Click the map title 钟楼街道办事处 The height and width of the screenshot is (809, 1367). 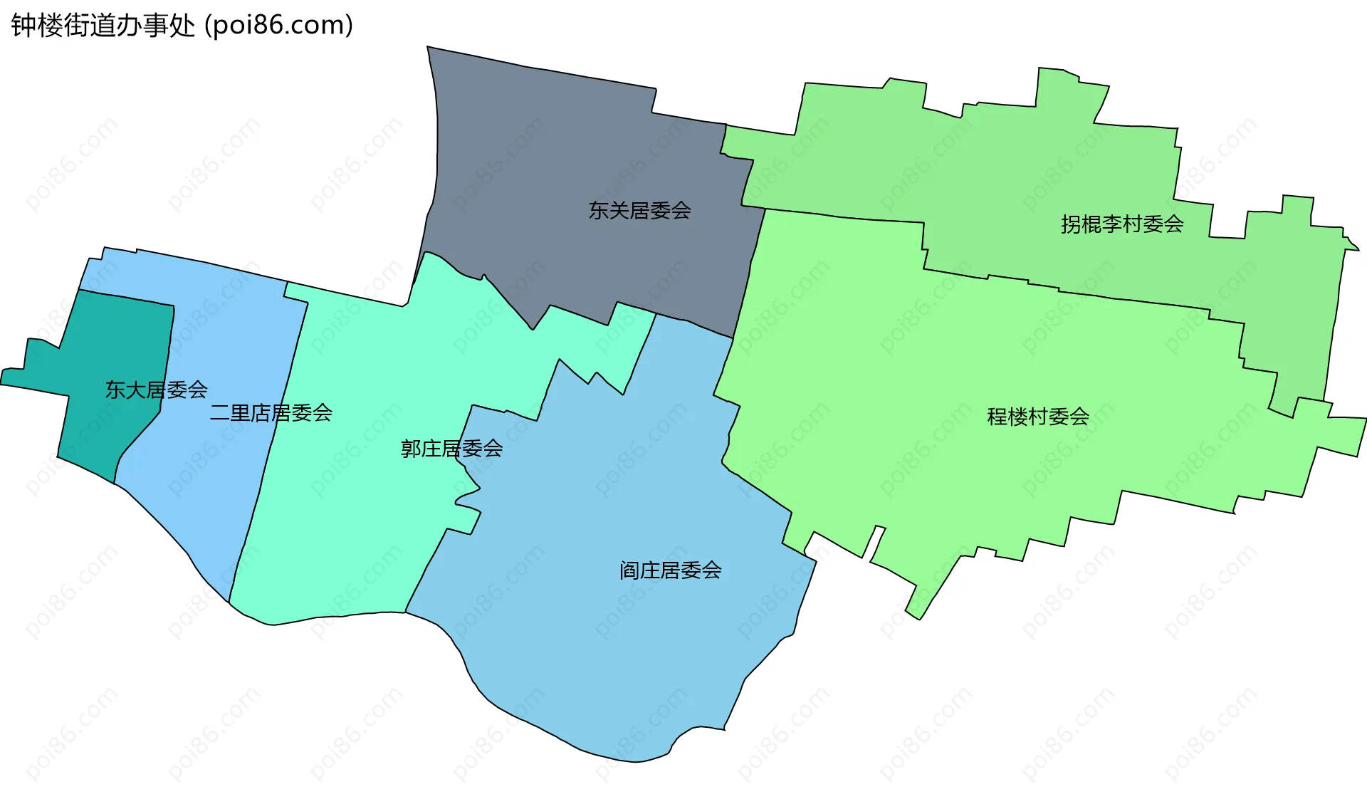tap(103, 26)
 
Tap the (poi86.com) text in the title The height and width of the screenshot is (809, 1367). tap(279, 26)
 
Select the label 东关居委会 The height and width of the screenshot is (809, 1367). tap(639, 211)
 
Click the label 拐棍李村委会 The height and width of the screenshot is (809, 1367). tap(1122, 224)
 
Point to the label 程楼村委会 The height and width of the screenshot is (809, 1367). tap(1038, 417)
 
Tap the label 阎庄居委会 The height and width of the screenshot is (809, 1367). tap(670, 570)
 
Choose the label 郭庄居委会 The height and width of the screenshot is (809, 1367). tap(451, 449)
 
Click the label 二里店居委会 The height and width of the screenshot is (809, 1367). tap(271, 413)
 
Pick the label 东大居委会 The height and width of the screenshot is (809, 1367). tap(156, 390)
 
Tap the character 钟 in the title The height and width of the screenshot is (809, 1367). tap(23, 26)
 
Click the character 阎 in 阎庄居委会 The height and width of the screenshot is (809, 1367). tap(629, 570)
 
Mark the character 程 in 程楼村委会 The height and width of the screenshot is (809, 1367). tap(997, 417)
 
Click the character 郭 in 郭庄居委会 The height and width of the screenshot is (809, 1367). tap(411, 449)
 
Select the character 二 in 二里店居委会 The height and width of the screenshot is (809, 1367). tap(220, 413)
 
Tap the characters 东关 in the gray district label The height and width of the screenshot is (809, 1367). tap(609, 211)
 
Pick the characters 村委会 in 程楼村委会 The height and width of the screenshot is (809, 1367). tap(1059, 417)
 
